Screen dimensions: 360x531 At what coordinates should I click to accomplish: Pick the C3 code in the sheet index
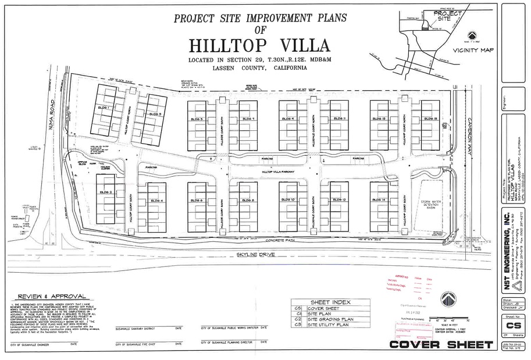click(x=298, y=325)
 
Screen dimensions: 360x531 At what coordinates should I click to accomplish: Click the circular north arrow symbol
click(x=448, y=299)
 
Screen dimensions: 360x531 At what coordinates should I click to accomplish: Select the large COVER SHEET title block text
click(x=440, y=345)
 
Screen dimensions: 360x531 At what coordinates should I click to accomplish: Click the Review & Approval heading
click(x=52, y=296)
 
